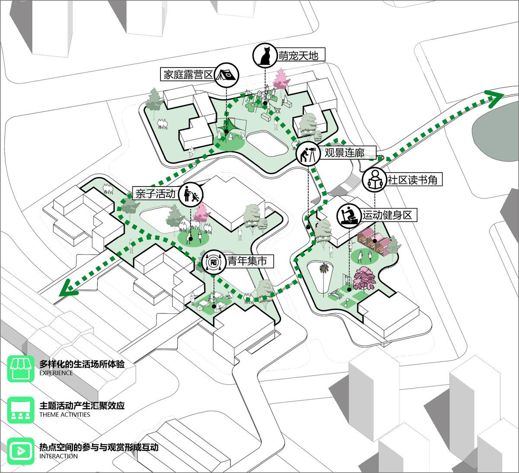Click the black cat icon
265,56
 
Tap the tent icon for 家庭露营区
226,75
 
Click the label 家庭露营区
188,75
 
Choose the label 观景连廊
344,153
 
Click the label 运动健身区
387,215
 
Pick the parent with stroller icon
191,194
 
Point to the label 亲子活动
156,193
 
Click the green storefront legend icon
21,369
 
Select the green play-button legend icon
21,451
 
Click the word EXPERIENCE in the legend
56,373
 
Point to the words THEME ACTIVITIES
65,415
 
